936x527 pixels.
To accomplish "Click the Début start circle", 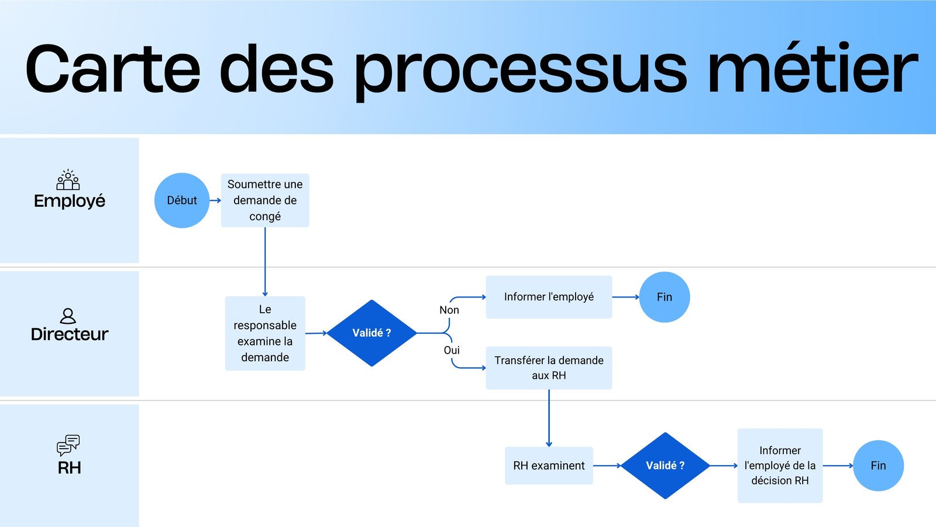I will (x=182, y=200).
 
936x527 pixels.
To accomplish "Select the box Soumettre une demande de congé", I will (x=265, y=200).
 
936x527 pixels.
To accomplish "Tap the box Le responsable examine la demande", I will (x=265, y=333).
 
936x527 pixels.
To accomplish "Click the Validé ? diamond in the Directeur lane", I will (x=371, y=333).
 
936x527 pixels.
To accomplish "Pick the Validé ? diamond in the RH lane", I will (x=665, y=466).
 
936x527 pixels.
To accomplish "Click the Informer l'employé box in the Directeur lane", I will (x=549, y=297).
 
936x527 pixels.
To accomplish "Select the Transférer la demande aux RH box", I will (x=549, y=368).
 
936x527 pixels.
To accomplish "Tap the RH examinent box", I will (x=549, y=466).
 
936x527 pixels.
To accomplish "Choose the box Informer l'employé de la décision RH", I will (x=780, y=466).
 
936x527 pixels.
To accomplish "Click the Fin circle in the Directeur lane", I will (x=665, y=297).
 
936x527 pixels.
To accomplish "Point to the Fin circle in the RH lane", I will (x=878, y=466).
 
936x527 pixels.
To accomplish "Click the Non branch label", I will (x=449, y=310).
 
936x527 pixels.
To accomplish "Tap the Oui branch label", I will (x=452, y=350).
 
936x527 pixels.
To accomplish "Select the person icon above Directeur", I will (x=68, y=316).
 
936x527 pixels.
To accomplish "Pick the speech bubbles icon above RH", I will (x=68, y=445).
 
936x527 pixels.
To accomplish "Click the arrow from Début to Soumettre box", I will (x=215, y=200).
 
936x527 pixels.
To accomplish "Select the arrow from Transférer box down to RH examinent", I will (x=549, y=418).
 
